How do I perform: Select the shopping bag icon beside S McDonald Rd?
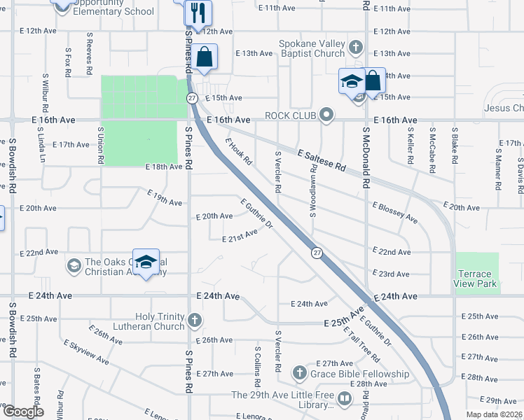click(x=373, y=80)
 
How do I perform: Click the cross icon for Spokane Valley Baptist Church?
click(x=356, y=48)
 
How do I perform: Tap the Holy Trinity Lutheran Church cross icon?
click(x=195, y=322)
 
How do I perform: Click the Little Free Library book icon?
click(x=344, y=400)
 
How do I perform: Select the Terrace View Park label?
click(x=476, y=279)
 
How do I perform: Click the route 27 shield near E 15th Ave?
click(x=191, y=99)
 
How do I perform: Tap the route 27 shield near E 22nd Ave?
click(x=317, y=253)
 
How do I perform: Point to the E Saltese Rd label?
click(x=322, y=161)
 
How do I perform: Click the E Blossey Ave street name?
click(x=395, y=212)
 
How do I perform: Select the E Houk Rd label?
click(x=238, y=150)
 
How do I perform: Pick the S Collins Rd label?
click(x=258, y=363)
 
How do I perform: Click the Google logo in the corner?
click(x=23, y=412)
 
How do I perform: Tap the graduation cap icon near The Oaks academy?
click(x=146, y=262)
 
